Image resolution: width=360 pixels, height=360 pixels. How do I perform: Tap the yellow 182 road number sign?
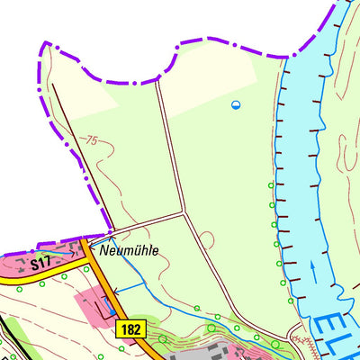(130, 330)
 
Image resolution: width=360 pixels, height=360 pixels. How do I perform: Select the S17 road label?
(40, 265)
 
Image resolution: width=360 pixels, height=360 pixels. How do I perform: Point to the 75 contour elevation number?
(89, 141)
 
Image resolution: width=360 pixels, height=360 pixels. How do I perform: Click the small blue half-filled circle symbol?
(236, 105)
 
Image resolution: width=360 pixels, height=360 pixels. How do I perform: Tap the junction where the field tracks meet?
(184, 213)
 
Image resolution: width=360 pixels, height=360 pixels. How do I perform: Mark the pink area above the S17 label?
(54, 251)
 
